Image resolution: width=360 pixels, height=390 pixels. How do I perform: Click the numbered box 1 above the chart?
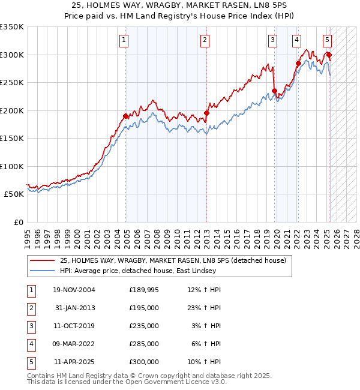[123, 40]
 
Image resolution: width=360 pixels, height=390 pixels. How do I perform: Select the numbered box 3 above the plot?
[272, 40]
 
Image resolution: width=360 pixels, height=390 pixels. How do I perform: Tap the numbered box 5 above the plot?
[327, 40]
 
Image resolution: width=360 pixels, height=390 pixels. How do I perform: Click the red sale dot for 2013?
[206, 113]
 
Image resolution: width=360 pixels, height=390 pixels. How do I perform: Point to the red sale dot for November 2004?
[126, 116]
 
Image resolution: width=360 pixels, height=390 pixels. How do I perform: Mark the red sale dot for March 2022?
[298, 63]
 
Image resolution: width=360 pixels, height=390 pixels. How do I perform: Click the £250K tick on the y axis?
[11, 82]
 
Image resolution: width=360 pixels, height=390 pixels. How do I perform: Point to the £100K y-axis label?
[11, 166]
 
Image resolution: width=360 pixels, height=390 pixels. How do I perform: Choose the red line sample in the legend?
[42, 260]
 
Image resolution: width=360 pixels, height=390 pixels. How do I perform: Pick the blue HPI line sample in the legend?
[42, 271]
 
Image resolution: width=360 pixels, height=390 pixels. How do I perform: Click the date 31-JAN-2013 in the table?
[74, 308]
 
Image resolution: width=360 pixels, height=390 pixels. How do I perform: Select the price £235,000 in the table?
[143, 326]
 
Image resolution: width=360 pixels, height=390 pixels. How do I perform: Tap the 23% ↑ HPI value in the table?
[206, 308]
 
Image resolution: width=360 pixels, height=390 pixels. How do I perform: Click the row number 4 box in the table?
[31, 344]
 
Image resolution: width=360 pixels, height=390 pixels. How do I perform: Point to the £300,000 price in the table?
[143, 362]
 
